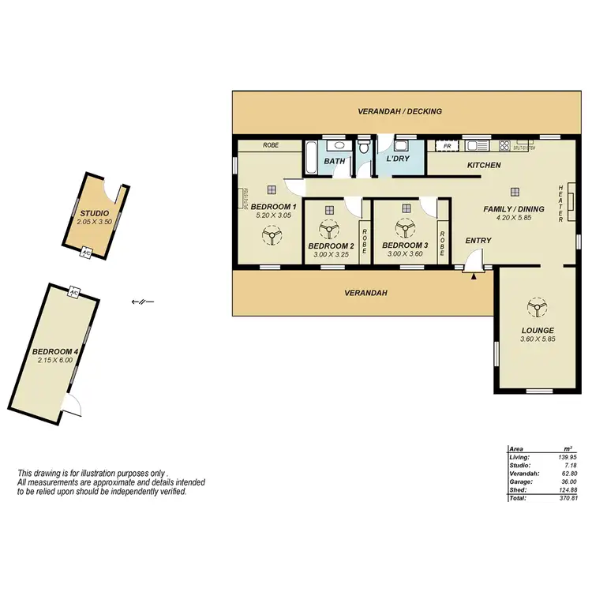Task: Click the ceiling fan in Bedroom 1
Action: point(272,234)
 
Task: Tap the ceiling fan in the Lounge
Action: point(538,308)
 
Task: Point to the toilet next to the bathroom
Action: point(364,148)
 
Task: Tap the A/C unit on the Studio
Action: point(87,253)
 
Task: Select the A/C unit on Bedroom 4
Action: point(74,291)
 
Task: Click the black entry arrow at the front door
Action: point(474,275)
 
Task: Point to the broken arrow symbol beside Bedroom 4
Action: point(143,301)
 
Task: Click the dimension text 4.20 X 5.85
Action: point(515,217)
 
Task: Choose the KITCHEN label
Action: point(484,166)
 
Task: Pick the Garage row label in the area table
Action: point(520,481)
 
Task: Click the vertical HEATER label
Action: point(560,204)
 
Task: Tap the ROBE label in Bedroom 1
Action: point(271,145)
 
